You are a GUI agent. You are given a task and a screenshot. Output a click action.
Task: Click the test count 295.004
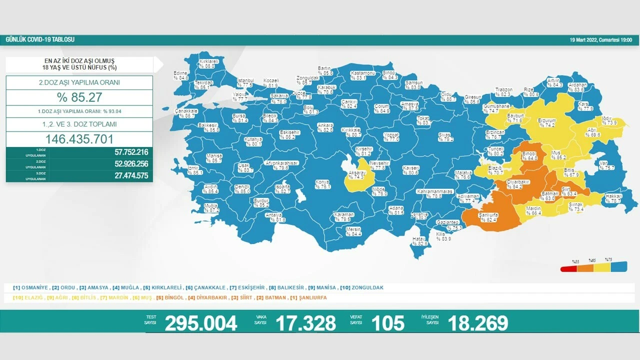coord(201,323)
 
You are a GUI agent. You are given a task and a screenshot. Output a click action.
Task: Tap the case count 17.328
coord(306,323)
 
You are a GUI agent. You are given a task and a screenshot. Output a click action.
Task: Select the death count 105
coord(388,323)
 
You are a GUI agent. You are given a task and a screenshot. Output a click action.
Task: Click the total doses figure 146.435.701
coord(79,139)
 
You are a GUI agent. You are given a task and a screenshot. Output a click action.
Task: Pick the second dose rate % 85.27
coord(79,97)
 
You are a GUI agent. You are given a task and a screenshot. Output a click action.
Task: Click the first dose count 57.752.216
coord(123,152)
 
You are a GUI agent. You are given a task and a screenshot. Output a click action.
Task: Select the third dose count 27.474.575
coord(123,175)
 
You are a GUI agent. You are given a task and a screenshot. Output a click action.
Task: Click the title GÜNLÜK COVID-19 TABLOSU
coord(40,39)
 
